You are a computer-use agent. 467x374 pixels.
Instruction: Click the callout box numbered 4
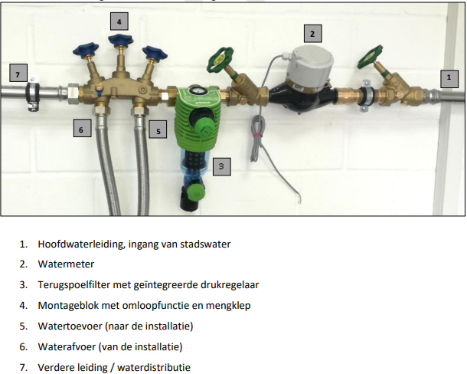point(119,21)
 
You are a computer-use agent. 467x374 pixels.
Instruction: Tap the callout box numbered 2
point(312,34)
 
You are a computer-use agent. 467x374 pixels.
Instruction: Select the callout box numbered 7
point(18,73)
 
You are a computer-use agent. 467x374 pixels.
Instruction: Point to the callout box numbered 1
point(449,79)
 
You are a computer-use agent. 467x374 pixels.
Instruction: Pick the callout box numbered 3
point(222,166)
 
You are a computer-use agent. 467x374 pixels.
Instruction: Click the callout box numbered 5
point(158,130)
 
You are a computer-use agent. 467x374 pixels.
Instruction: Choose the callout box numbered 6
point(83,128)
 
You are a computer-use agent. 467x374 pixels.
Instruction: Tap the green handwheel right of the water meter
point(371,57)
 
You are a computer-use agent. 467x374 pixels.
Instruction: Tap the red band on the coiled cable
point(256,135)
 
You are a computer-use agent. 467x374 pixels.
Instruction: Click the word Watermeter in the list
point(66,264)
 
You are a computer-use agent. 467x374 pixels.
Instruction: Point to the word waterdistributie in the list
point(154,367)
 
